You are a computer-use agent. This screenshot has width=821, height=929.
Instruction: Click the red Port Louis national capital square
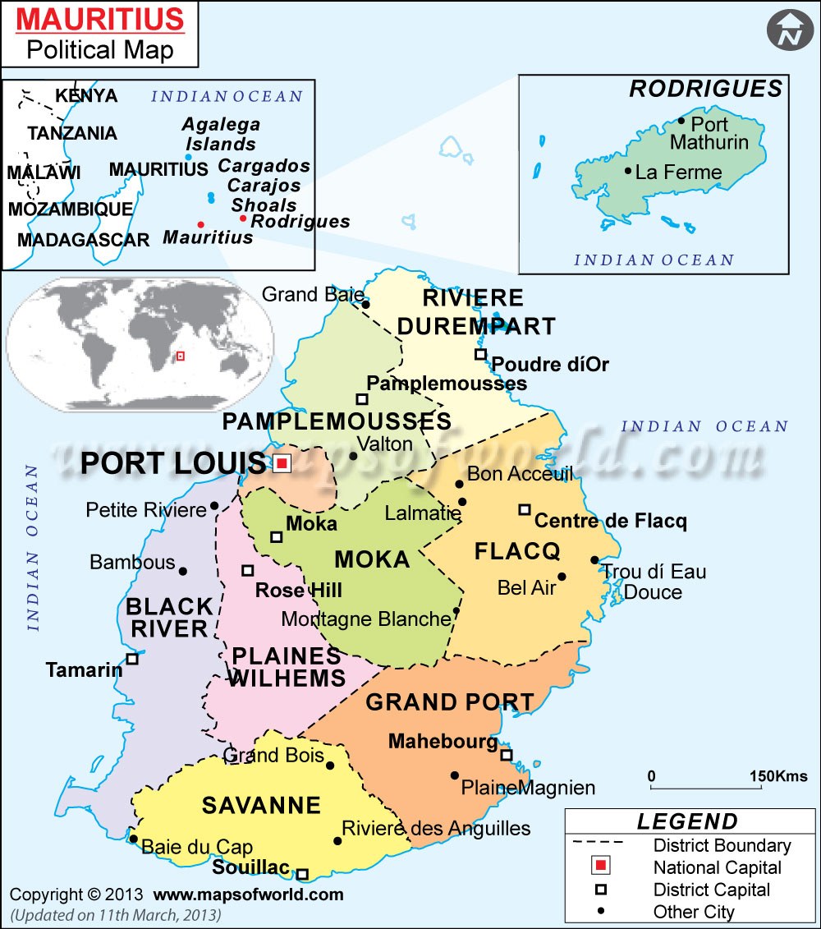tap(282, 463)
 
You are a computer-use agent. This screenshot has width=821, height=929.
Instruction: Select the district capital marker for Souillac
tap(302, 874)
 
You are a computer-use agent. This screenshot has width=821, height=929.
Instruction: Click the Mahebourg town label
tap(443, 742)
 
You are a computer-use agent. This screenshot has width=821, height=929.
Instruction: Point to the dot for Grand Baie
tap(366, 305)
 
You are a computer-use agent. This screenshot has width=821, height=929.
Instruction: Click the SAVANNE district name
tap(261, 805)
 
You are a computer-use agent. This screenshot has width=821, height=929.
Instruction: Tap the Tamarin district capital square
tap(131, 659)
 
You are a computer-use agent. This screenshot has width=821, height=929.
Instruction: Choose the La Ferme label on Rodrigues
tap(678, 172)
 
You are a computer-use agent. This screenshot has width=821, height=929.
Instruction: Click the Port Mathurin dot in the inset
tap(681, 121)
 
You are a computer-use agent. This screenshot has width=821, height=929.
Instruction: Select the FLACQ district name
tap(517, 551)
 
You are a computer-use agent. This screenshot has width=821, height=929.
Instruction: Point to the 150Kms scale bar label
tap(777, 776)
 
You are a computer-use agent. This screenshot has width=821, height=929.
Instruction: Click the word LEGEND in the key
tap(687, 821)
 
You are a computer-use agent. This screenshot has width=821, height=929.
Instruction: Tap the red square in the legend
tap(601, 867)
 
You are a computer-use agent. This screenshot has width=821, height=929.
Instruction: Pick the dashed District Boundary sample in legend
tap(598, 844)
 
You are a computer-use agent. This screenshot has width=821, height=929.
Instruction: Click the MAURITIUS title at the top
tap(102, 19)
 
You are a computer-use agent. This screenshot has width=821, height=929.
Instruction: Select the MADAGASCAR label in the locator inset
tap(83, 241)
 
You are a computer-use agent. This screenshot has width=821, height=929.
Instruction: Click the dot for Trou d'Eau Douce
tap(594, 560)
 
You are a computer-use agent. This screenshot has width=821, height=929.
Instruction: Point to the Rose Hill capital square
tap(247, 570)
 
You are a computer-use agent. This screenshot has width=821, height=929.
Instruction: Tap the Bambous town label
tap(132, 563)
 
